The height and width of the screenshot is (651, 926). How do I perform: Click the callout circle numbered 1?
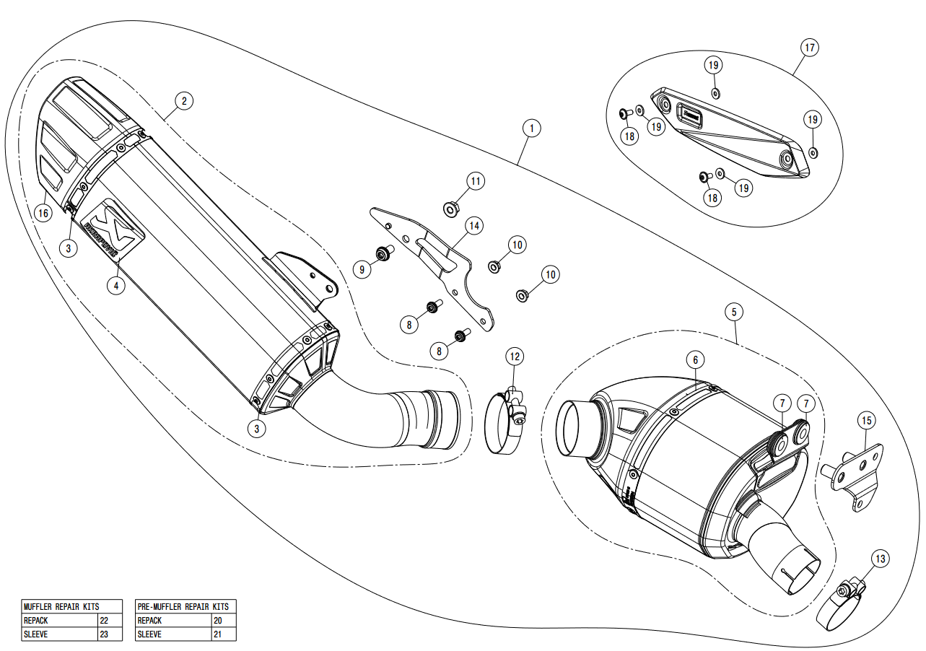click(x=530, y=128)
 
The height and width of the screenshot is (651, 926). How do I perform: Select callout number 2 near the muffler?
click(x=184, y=101)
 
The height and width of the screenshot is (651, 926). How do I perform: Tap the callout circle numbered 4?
click(x=115, y=285)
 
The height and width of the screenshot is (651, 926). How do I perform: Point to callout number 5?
click(x=733, y=312)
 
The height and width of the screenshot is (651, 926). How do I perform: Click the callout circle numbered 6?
click(x=695, y=359)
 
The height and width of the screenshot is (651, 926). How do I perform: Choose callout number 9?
click(x=363, y=270)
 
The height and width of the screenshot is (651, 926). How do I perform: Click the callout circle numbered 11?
click(x=475, y=180)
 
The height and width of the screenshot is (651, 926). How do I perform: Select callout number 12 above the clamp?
click(x=514, y=356)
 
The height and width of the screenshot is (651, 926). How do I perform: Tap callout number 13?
click(x=880, y=558)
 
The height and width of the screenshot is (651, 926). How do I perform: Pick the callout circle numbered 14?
click(x=473, y=226)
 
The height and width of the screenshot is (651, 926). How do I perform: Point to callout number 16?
click(x=43, y=213)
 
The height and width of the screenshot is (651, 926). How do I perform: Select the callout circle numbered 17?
click(x=810, y=48)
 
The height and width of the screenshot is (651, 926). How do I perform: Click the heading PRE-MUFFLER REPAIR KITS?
click(x=183, y=607)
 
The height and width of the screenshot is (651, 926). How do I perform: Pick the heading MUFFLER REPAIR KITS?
click(x=61, y=607)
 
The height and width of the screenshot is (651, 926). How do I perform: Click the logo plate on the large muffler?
click(x=110, y=227)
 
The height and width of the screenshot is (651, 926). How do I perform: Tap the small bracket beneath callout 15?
click(x=856, y=476)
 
